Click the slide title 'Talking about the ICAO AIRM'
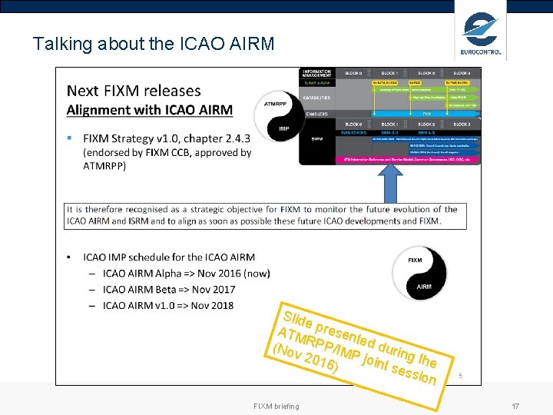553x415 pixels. click(154, 44)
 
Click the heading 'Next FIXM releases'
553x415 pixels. click(134, 91)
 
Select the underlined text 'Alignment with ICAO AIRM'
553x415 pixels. click(149, 109)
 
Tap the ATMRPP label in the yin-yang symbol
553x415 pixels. click(276, 104)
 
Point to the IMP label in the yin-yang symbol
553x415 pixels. click(283, 128)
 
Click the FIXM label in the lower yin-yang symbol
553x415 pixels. click(415, 260)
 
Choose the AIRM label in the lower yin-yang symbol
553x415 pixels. click(424, 287)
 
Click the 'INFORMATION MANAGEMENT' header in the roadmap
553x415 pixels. click(317, 73)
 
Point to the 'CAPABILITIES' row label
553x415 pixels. click(317, 98)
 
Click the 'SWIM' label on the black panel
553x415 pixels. click(316, 139)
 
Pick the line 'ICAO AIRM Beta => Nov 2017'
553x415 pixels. click(169, 289)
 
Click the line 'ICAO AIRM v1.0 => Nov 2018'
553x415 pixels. click(168, 305)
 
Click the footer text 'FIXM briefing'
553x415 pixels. click(276, 406)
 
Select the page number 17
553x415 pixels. click(516, 406)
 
